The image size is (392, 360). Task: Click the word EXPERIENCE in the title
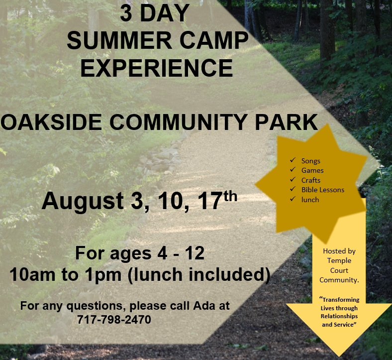(156, 68)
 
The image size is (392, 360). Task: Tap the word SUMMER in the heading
(111, 41)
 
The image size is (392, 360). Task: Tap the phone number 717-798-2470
(114, 319)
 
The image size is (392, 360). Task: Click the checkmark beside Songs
(293, 160)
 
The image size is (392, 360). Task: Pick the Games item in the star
(312, 170)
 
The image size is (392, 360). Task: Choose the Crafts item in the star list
(310, 180)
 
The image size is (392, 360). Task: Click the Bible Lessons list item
(322, 190)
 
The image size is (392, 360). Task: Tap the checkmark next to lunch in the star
(293, 199)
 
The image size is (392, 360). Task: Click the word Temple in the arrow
(339, 261)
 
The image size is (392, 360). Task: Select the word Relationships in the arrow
(339, 316)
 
